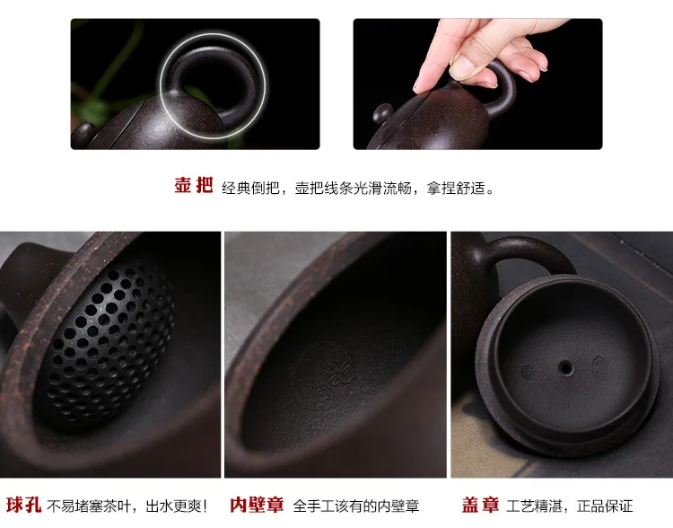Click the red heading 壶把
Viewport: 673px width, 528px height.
[194, 186]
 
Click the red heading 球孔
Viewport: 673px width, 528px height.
[23, 505]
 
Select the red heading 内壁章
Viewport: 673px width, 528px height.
[257, 505]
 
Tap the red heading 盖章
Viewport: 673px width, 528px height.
[480, 505]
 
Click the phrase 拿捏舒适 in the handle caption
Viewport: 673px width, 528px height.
[455, 188]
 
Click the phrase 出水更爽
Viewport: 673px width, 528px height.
[175, 506]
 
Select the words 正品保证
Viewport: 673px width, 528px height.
[605, 506]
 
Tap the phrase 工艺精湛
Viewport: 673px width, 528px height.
[535, 506]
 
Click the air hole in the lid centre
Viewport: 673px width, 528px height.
[565, 367]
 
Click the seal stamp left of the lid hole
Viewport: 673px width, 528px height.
[527, 372]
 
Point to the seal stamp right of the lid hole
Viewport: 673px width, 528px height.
[599, 365]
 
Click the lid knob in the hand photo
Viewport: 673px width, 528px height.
[382, 114]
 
